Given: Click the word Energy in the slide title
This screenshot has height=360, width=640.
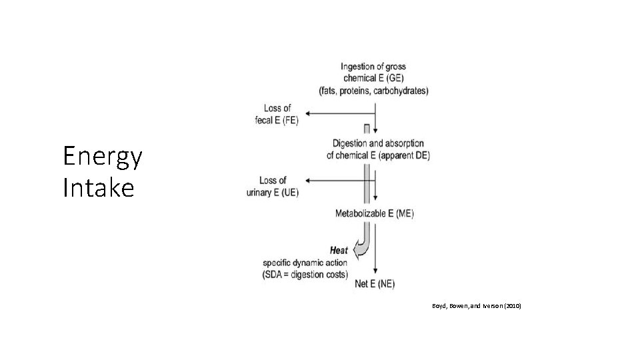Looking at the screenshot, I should [x=102, y=157].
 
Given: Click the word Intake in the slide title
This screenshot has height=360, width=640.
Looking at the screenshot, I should [x=98, y=188].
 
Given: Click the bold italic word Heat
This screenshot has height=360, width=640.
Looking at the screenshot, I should [x=339, y=251].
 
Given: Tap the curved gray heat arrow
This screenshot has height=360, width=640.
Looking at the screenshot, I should [x=363, y=247].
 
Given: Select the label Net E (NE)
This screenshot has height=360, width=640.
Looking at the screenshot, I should [x=374, y=285].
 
